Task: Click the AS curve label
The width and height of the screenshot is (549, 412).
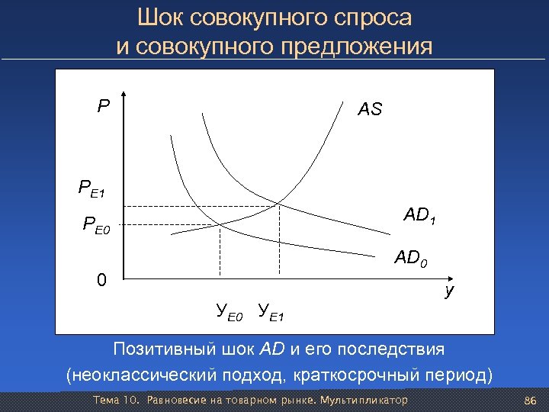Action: pos(371,110)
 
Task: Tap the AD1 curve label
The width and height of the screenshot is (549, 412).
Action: pos(420,217)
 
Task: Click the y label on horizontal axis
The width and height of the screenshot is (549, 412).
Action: pos(451,290)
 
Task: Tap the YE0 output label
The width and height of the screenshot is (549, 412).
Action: pos(229,311)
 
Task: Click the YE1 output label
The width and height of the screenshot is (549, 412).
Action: pos(271,311)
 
